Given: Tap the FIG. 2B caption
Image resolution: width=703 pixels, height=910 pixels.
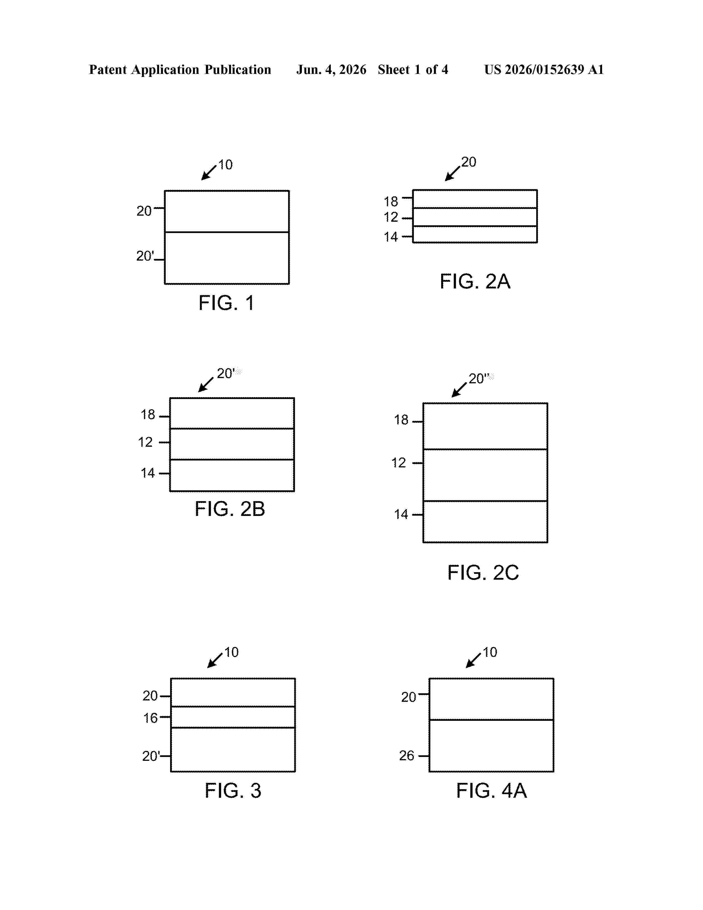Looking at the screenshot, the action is (x=230, y=509).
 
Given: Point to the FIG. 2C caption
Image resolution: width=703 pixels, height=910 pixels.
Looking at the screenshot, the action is (x=483, y=573).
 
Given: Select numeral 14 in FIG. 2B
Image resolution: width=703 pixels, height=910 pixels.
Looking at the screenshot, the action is (x=148, y=473).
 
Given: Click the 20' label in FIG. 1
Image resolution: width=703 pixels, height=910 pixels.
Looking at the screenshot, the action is (x=145, y=256).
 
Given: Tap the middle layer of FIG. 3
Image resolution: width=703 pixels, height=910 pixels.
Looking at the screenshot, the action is (x=233, y=717).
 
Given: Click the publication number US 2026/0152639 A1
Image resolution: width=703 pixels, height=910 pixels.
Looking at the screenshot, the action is (x=544, y=69).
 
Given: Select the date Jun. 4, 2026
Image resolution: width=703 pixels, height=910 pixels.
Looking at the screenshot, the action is (x=331, y=69).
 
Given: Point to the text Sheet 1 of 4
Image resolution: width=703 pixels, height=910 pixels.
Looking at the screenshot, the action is (x=413, y=69).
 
